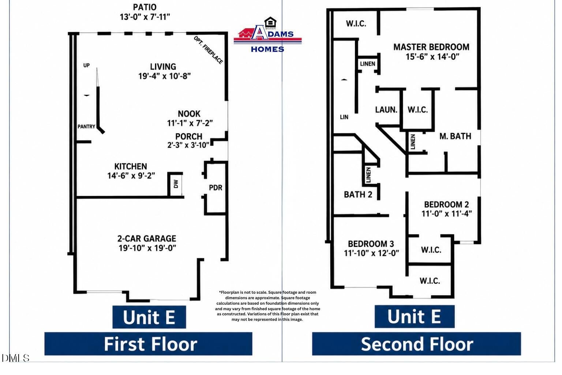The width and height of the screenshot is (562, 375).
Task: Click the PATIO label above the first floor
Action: pos(145,7)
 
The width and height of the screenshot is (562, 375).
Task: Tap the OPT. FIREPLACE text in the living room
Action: pos(208,50)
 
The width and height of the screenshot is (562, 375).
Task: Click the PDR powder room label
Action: pos(216,187)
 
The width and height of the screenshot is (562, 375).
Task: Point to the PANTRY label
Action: pos(86,127)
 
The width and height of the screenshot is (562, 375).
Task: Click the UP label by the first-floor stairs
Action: pos(86,65)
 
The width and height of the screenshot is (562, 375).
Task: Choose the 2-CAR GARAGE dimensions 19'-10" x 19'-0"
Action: pos(147,248)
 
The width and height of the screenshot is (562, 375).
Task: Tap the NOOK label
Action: pos(189,114)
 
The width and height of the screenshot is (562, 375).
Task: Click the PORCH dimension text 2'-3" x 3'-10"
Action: pos(188,145)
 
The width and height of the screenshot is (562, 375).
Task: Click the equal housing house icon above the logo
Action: pos(270,22)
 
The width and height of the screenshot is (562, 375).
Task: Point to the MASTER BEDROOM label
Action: pos(431,47)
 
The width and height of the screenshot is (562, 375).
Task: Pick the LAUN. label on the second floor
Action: pos(386,110)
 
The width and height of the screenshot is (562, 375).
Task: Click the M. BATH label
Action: pos(455,136)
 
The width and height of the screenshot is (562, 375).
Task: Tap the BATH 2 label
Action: pos(358,194)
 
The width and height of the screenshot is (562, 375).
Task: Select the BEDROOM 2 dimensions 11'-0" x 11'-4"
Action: pos(447,214)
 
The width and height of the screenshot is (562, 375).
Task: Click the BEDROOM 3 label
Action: pos(371,244)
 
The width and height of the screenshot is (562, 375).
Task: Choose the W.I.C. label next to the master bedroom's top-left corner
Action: pos(356,23)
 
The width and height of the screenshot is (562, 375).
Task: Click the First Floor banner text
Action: pos(150,344)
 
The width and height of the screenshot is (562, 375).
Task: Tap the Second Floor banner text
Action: pos(417,344)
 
